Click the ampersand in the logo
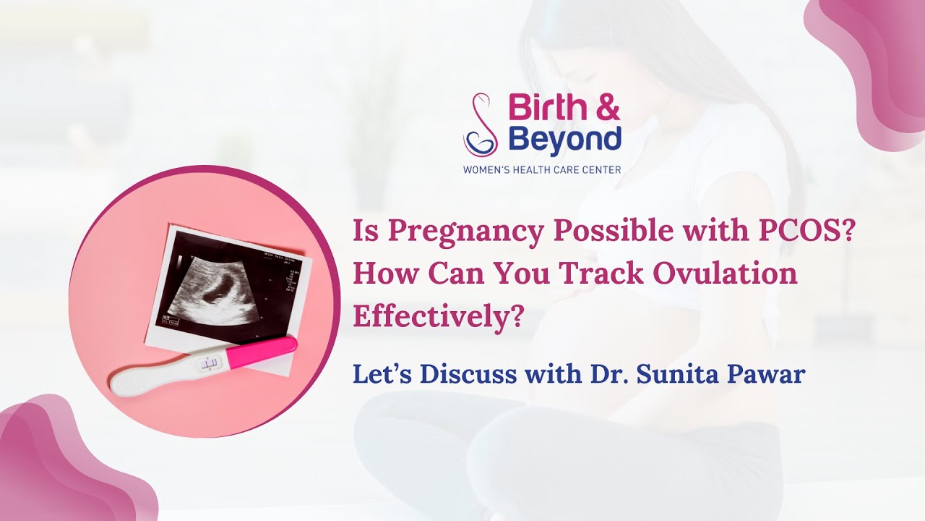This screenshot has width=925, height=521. coord(606,109)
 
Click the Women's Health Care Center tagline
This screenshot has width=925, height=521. coord(542,170)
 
